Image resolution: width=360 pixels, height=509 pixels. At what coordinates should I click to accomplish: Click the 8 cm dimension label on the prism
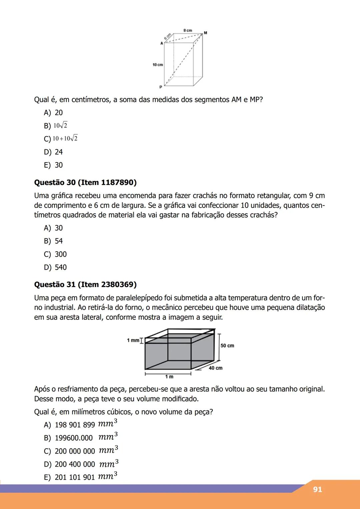pos(188,30)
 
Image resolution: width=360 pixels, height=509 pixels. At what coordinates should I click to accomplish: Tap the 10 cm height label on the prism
pos(158,65)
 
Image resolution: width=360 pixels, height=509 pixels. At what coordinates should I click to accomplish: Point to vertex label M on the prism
pos(205,33)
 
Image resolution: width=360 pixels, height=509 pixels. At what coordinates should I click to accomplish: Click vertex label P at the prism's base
pos(160,87)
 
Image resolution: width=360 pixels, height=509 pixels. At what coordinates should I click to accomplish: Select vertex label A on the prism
pos(162,43)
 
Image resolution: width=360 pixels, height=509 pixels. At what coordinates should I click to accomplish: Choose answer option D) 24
pos(53,152)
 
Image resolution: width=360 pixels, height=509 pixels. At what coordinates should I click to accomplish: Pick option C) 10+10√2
pos(61,139)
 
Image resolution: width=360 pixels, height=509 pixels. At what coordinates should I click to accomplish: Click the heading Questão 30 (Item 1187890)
pos(85,183)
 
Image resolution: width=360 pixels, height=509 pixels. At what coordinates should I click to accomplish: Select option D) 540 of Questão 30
pos(55,267)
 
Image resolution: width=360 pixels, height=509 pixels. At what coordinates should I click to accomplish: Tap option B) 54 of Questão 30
pos(53,241)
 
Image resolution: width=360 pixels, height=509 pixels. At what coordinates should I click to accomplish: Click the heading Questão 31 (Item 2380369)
pos(85,285)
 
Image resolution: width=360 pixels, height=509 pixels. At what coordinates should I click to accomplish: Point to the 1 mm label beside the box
pos(133,340)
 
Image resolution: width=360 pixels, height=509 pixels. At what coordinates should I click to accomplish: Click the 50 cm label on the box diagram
pos(227,346)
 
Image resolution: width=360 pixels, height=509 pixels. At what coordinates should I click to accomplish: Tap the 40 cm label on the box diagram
pos(216,368)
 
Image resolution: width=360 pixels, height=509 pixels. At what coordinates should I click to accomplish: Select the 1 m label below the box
pos(169,377)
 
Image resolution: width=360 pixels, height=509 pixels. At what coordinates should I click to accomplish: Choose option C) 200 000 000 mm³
pos(81,451)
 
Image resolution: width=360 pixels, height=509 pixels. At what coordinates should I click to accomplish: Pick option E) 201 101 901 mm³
pos(80,477)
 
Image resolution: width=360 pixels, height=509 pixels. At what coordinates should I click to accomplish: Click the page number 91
pos(317,489)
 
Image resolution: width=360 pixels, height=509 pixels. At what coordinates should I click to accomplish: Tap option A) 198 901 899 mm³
pos(80,425)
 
